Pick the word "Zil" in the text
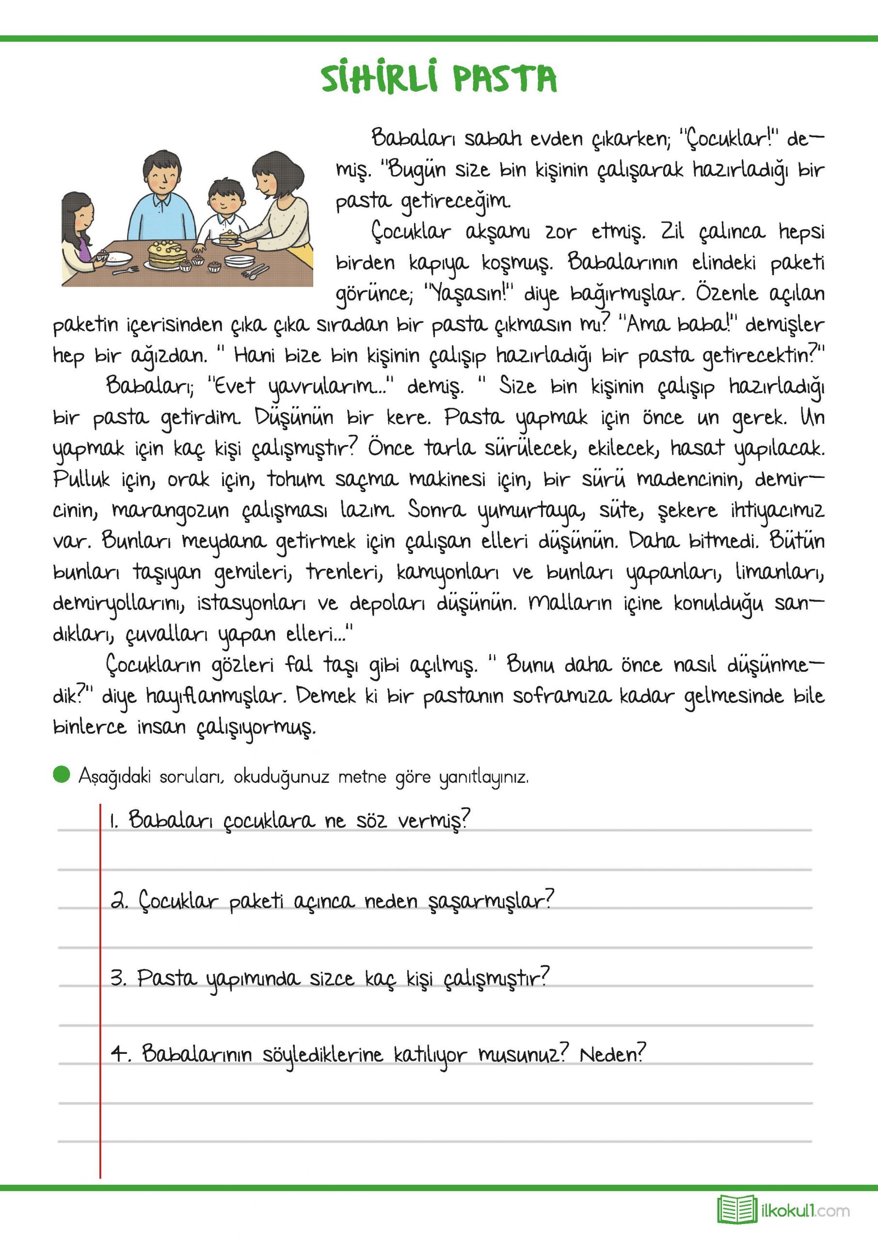click(672, 232)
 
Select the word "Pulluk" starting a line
click(81, 480)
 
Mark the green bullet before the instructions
click(62, 775)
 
